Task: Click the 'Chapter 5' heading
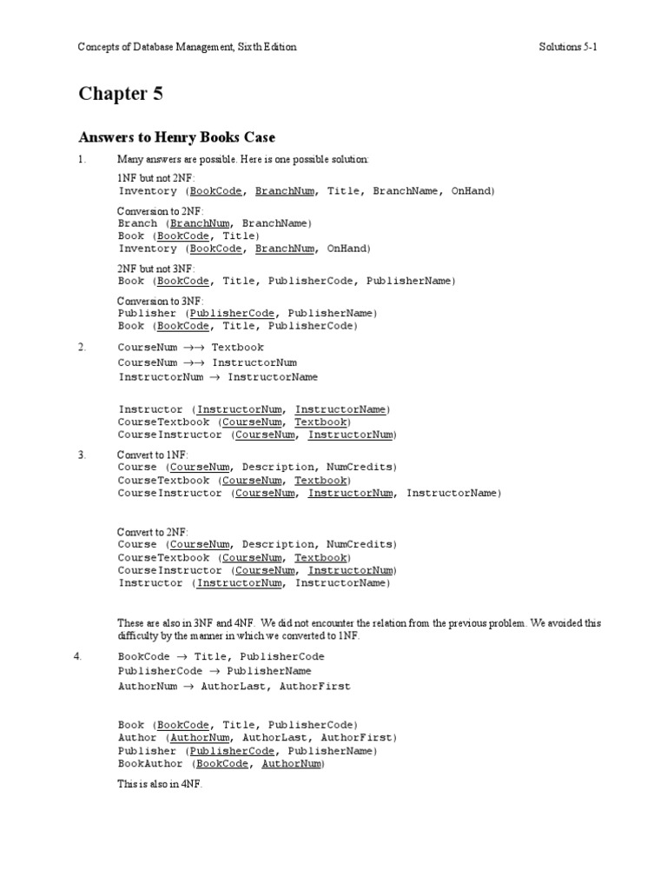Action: (121, 95)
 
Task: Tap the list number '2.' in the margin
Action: (82, 348)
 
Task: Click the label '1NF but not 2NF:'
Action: (157, 177)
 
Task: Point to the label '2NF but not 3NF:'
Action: (157, 269)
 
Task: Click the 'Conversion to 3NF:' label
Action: (161, 301)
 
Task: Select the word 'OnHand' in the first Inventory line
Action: (471, 190)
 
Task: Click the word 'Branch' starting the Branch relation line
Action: (137, 223)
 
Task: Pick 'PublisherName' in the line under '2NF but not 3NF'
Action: (408, 281)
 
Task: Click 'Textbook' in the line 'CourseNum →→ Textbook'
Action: (237, 348)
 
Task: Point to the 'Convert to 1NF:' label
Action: (153, 455)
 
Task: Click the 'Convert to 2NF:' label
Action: (153, 532)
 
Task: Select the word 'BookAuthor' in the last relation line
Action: (150, 763)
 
